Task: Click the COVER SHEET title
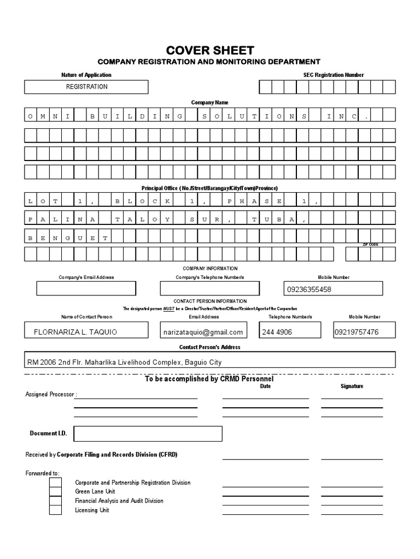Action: point(209,50)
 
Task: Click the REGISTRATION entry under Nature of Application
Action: point(86,87)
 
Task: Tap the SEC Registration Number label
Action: point(333,75)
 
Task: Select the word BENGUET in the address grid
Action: point(67,237)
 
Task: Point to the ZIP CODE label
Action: point(370,245)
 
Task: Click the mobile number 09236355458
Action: point(309,289)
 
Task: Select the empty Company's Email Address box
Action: point(86,288)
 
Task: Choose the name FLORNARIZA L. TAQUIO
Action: point(75,332)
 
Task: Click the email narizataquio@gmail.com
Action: point(202,332)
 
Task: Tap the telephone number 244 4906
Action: point(277,332)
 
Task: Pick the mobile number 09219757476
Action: point(356,332)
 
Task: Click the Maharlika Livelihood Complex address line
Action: point(125,362)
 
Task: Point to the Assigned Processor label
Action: point(51,395)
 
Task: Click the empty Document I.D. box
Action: point(148,433)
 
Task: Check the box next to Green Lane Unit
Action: point(55,492)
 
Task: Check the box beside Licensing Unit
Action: point(55,510)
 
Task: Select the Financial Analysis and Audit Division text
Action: point(119,501)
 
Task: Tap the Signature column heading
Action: point(352,386)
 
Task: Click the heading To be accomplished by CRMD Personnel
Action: point(209,378)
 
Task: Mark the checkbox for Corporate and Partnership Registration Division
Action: point(55,483)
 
